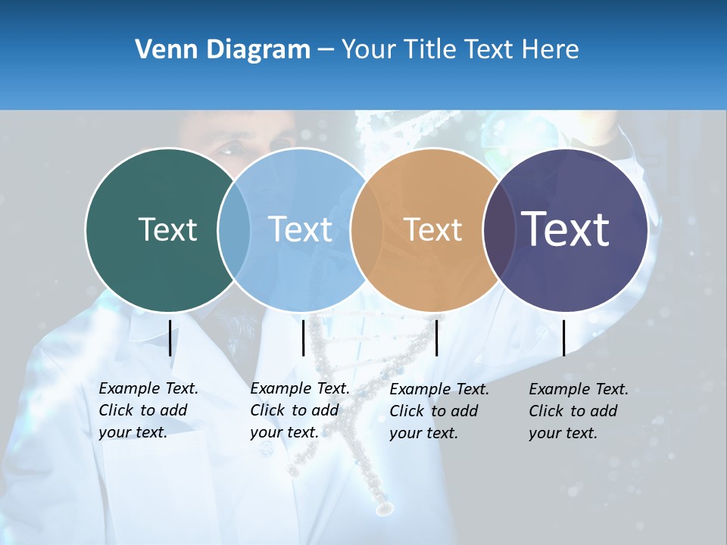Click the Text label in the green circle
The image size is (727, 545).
167,229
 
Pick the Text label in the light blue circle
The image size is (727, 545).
300,229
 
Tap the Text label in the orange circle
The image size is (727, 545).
432,229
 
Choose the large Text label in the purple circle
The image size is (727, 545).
566,229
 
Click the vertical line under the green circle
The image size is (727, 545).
170,338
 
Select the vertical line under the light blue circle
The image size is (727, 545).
303,338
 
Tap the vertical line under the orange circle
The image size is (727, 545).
436,338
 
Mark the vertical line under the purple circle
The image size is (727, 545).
564,338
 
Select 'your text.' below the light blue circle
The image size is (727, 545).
284,433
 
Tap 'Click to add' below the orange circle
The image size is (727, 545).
434,411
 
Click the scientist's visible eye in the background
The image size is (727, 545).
228,149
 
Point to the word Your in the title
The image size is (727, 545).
369,50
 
